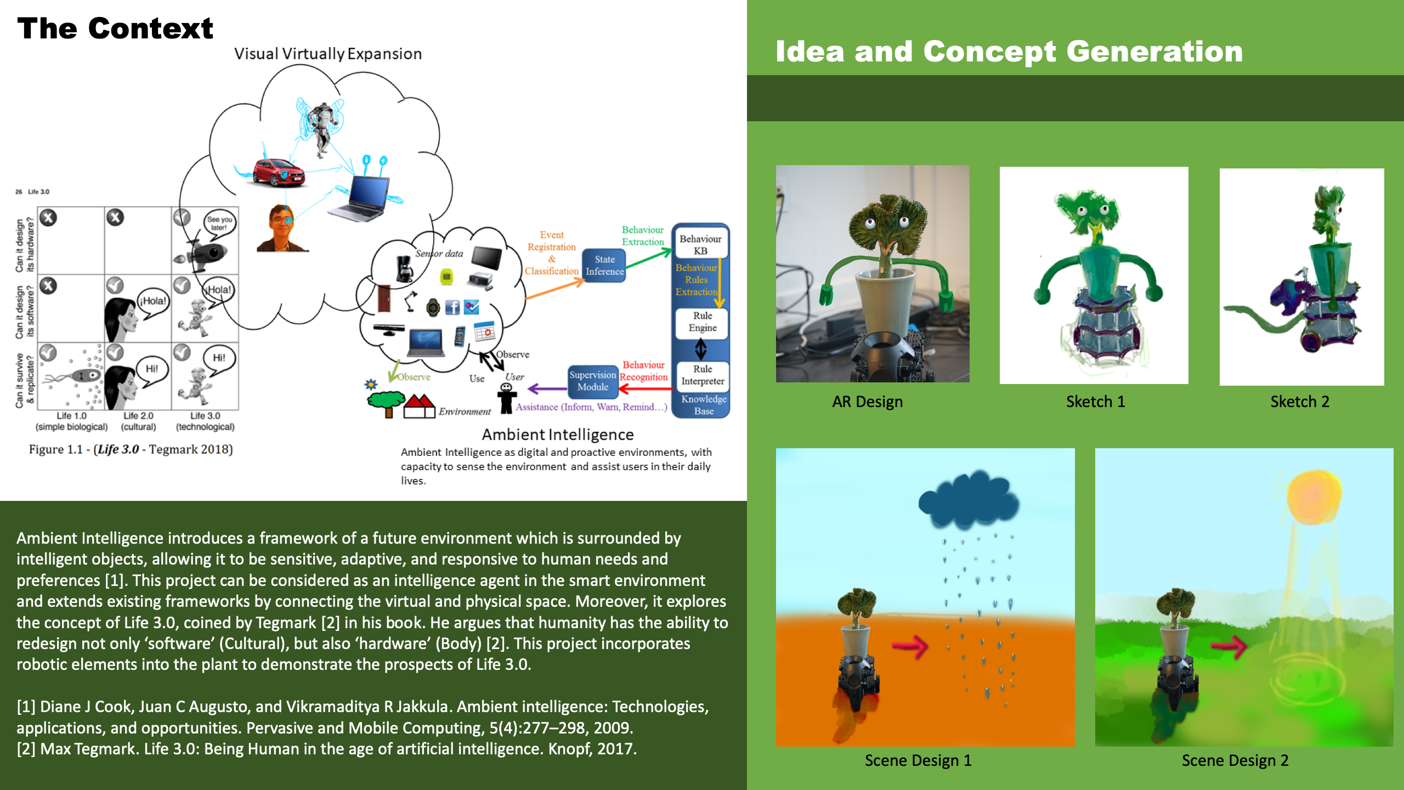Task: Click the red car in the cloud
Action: point(279,173)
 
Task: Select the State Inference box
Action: point(604,266)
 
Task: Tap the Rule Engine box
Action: point(702,322)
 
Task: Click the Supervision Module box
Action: point(592,381)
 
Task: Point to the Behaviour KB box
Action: point(700,245)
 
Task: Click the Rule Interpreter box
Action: point(703,375)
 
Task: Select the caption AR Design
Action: point(867,402)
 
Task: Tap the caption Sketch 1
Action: point(1095,402)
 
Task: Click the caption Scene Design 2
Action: point(1235,760)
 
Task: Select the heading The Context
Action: point(115,29)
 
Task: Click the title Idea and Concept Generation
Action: point(1009,52)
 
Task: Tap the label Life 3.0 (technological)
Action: point(205,421)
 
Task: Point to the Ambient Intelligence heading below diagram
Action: point(558,435)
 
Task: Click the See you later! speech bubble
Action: point(219,223)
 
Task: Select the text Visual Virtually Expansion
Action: point(328,54)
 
